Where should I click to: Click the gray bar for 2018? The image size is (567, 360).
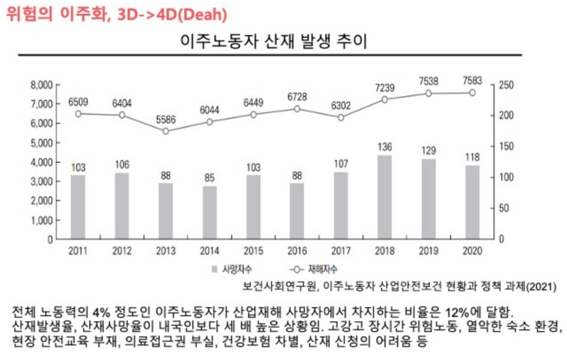point(384,197)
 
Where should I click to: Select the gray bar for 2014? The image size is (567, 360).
point(209,212)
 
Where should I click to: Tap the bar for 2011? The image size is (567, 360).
point(78,207)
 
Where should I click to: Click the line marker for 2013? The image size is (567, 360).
point(165,131)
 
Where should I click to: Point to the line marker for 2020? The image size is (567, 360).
point(472,93)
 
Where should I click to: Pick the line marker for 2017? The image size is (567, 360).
point(341,117)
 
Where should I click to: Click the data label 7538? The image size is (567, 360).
point(429,81)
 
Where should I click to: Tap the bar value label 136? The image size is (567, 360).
point(384,146)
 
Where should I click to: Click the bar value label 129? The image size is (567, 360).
point(429,150)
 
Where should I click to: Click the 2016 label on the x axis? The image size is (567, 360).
point(296,251)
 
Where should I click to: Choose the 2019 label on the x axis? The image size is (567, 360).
point(429,251)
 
